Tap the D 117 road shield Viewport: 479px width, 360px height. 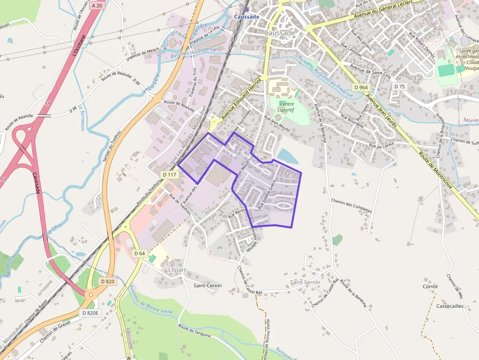[x=169, y=174]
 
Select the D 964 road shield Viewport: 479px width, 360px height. [x=361, y=87]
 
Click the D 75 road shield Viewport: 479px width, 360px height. [x=400, y=86]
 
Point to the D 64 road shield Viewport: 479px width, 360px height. [x=139, y=253]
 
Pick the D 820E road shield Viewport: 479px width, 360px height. [x=90, y=313]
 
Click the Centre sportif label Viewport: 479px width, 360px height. [x=286, y=107]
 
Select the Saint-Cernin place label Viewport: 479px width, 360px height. [x=208, y=285]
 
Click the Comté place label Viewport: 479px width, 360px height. [x=430, y=286]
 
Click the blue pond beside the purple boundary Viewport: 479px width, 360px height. [x=287, y=156]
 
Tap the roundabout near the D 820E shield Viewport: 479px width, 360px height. [x=90, y=295]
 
